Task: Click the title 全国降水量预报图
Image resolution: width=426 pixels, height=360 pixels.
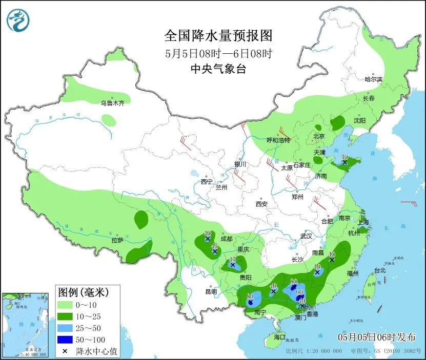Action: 218,35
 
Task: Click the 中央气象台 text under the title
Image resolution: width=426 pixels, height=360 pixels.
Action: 218,69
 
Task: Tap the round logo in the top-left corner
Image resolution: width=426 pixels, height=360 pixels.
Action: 18,20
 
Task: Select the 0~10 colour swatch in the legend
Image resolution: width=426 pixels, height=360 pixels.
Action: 66,306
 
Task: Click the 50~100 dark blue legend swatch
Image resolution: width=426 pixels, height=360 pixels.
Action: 66,340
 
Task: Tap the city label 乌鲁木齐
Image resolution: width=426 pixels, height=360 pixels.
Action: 112,103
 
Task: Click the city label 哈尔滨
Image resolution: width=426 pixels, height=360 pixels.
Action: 373,79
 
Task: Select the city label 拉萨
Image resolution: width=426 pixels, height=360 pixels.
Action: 117,240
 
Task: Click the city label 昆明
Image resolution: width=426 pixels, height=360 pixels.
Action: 211,292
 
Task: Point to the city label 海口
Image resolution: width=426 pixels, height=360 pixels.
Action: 279,338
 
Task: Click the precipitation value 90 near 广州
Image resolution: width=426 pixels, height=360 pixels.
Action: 300,292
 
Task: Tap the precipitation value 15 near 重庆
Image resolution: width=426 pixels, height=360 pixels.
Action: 232,260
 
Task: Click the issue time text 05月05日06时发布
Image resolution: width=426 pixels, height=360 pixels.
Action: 377,336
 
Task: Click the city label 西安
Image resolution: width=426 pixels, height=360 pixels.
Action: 261,204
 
